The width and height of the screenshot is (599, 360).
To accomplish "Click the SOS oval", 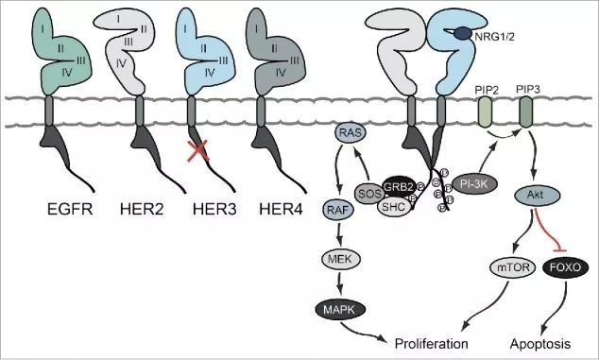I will click(x=371, y=194).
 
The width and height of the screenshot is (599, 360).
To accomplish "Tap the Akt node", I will click(x=532, y=197).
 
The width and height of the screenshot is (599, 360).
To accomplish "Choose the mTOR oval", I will click(x=508, y=268).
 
